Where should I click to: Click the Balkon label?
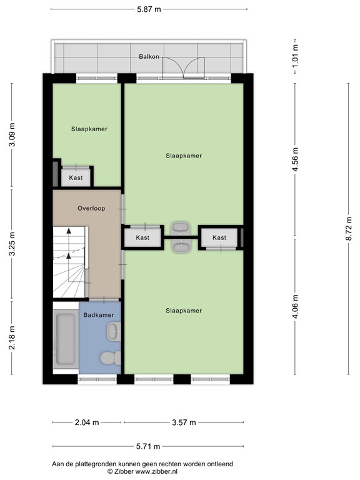coord(149,57)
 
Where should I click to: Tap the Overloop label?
coord(91,208)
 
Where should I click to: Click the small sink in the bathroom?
coord(112,332)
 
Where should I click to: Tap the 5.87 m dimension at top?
coord(149,9)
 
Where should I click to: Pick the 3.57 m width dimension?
coord(183,422)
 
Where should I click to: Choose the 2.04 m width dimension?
coord(87,422)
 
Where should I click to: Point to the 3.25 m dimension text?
coord(12,244)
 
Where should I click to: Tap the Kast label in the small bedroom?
coord(76,178)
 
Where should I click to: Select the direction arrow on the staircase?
coord(69,241)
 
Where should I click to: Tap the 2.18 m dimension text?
coord(12,338)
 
